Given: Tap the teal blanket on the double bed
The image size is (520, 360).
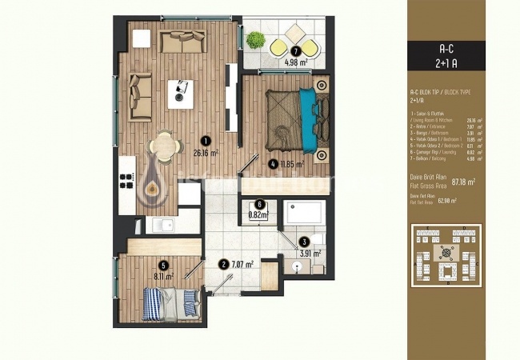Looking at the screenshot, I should pos(307,120).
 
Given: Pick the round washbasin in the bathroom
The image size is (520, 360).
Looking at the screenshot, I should pos(298,266).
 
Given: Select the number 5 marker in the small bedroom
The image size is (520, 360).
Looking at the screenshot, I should pos(163,266).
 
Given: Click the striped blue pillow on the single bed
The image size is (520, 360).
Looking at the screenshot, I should pos(190,300).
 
